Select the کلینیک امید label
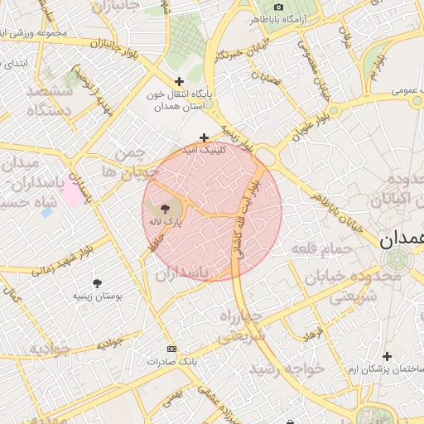[x=206, y=152]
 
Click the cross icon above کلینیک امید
[x=204, y=137]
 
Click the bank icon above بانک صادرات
[x=171, y=349]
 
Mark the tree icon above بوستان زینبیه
[x=97, y=283]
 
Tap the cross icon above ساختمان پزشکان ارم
[x=387, y=355]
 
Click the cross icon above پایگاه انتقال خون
[x=179, y=81]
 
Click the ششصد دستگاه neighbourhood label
[x=50, y=99]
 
